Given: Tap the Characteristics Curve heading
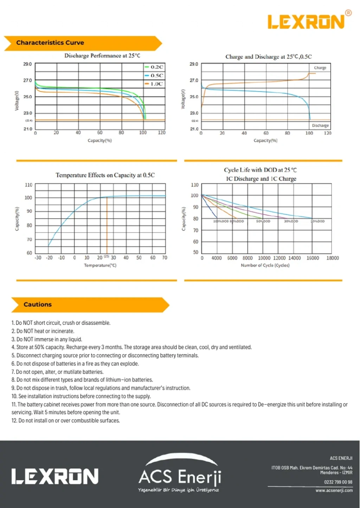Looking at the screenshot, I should click(50, 43).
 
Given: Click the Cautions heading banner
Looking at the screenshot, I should click(38, 305).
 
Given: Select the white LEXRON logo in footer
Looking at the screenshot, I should click(54, 477).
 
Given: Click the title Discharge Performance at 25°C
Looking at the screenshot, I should click(102, 56).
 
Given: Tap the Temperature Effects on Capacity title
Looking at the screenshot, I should click(105, 175).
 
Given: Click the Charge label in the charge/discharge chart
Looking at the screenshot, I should click(320, 68).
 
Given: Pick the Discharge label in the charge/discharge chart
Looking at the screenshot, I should click(320, 125).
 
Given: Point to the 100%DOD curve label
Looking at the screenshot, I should click(221, 221).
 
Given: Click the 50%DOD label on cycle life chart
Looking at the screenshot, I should click(263, 221).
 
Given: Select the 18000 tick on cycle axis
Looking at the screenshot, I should click(333, 258).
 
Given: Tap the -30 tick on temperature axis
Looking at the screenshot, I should click(38, 258).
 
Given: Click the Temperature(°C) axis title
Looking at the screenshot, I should click(100, 265).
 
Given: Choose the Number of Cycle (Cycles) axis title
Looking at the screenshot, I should click(265, 265).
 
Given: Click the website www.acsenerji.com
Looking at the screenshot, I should click(334, 490).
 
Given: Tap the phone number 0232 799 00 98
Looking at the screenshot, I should click(338, 482).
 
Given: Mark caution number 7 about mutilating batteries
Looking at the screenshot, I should click(57, 372).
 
